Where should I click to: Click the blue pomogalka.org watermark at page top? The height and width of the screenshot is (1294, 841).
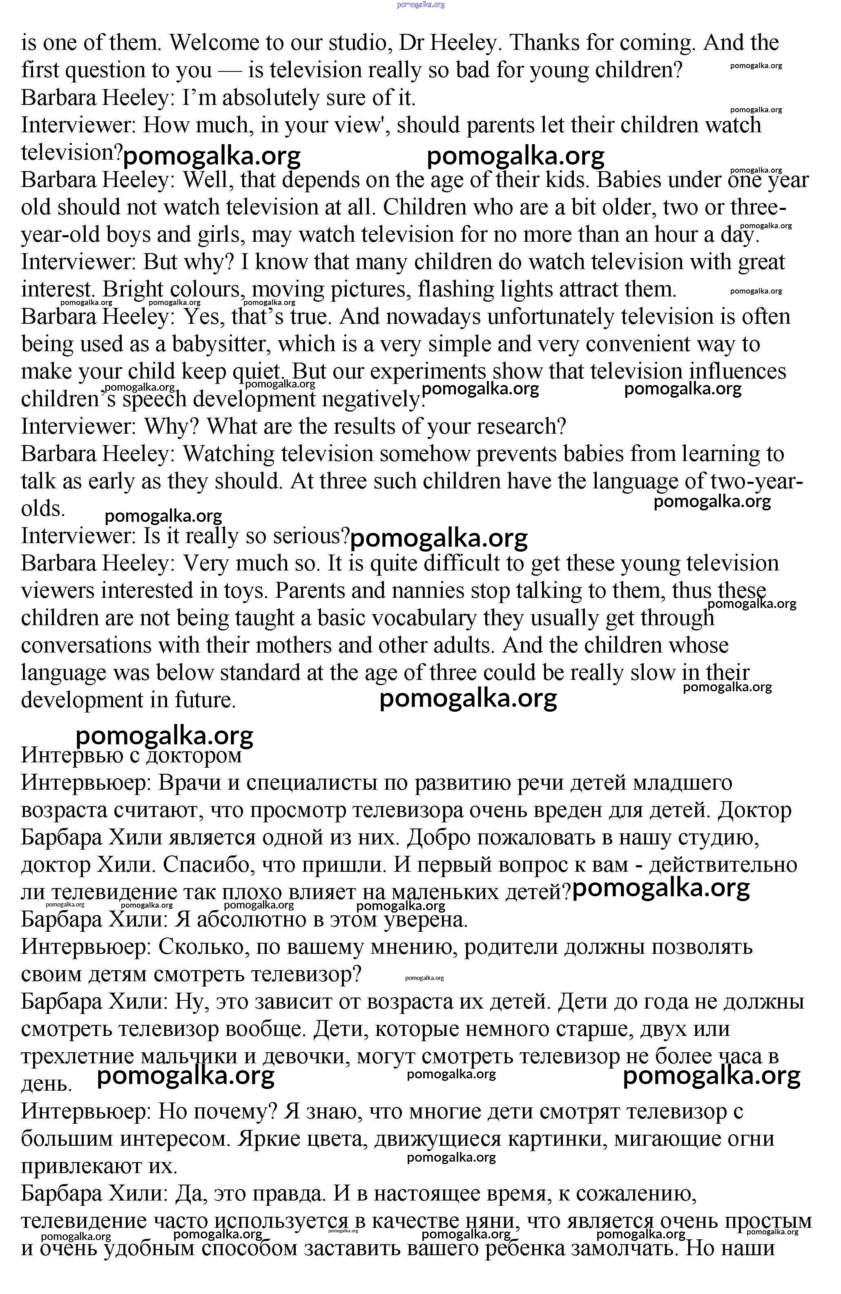pos(421,4)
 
